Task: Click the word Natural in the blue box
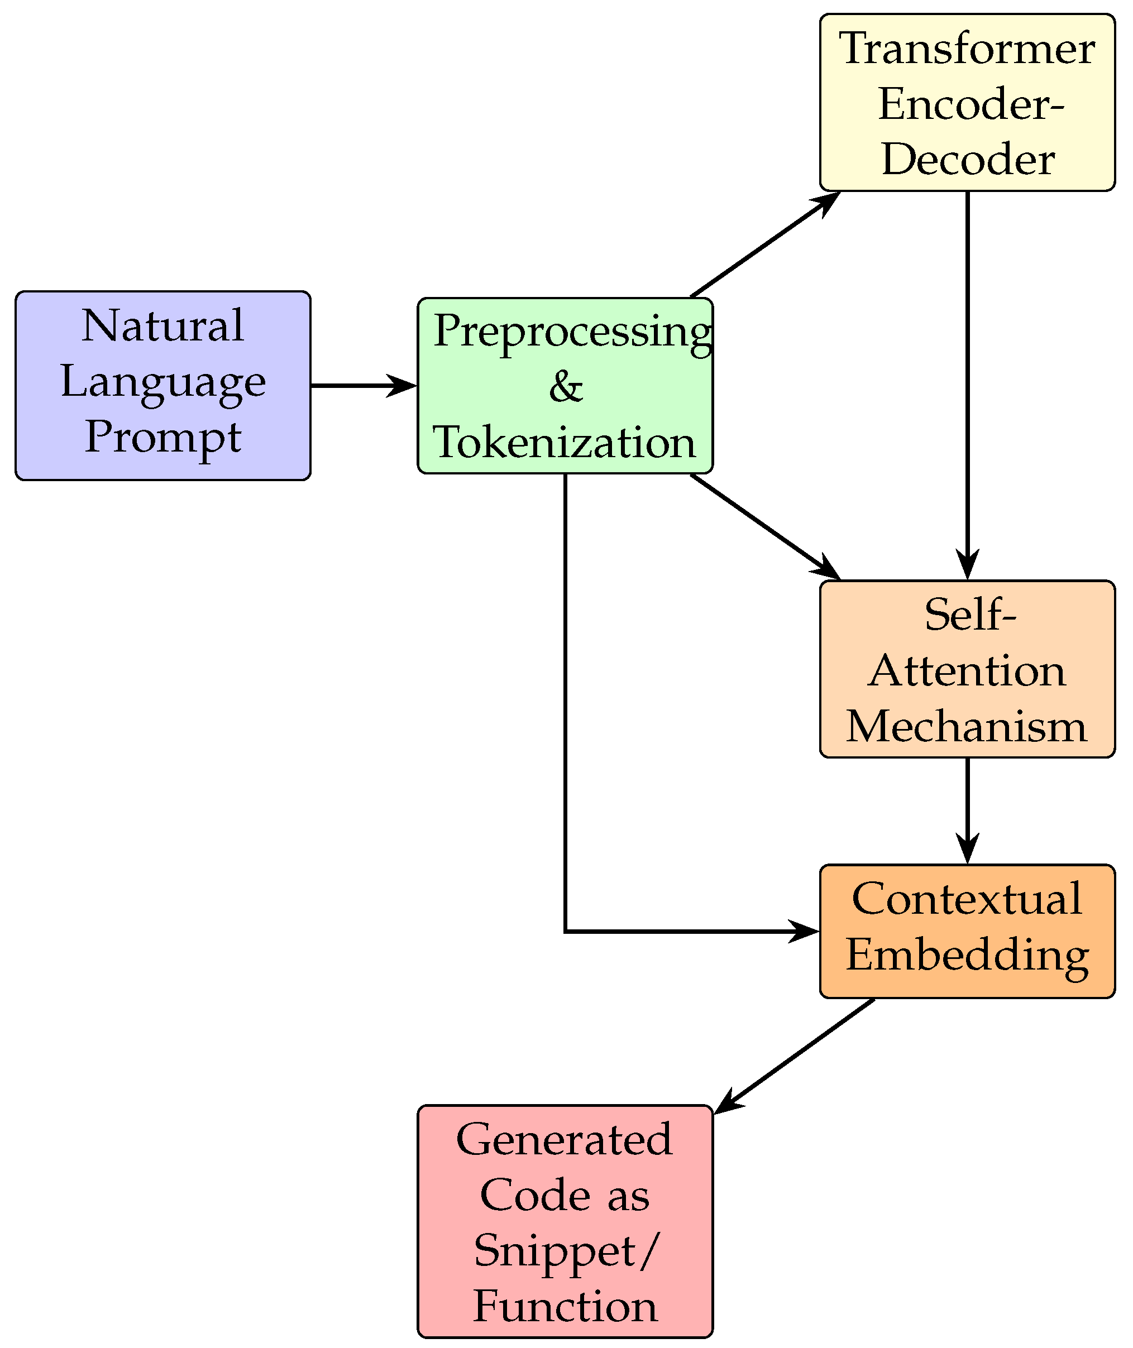pos(162,325)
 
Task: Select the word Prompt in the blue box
pos(162,437)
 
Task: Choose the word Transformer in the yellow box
pos(967,48)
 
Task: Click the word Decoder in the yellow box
pos(967,159)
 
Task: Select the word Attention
pos(967,671)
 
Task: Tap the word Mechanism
pos(967,727)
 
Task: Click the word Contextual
pos(967,899)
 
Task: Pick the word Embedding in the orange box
pos(967,955)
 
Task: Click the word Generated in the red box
pos(565,1139)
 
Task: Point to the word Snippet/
pos(566,1250)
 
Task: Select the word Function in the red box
pos(565,1306)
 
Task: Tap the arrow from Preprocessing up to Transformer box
pos(764,244)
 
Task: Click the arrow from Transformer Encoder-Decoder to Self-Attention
pos(967,385)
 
